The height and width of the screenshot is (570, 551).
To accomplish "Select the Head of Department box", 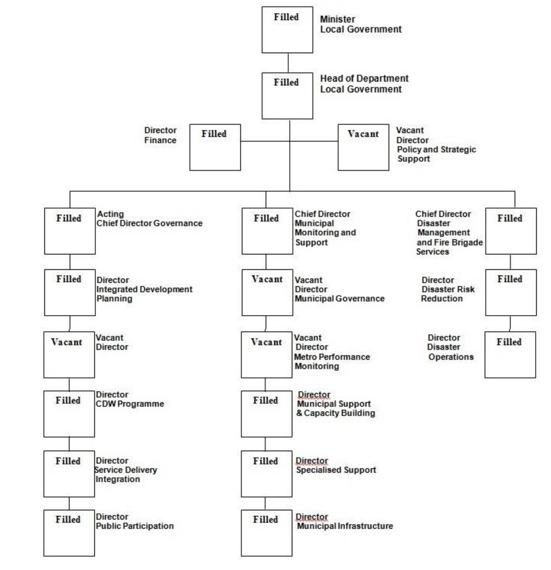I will tap(287, 96).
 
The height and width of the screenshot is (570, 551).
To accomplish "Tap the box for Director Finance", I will tap(215, 147).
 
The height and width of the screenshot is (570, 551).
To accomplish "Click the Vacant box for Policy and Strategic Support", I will tap(363, 147).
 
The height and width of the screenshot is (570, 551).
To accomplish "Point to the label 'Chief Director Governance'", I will tap(149, 223).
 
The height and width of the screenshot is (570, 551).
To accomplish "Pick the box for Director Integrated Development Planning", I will tap(70, 292).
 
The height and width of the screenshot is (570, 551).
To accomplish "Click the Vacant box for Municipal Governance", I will tap(267, 292).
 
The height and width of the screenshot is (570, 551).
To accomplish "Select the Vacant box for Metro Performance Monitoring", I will tap(266, 355).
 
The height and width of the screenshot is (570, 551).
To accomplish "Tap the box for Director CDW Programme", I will tap(69, 414).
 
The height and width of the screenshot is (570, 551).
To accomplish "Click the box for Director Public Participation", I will tap(69, 533).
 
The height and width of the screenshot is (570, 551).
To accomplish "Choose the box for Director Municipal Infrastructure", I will tap(266, 533).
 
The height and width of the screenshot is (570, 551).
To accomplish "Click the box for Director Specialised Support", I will tap(266, 473).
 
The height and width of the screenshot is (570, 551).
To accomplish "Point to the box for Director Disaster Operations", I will tap(510, 355).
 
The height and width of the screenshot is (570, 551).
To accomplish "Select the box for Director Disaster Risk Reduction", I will tap(511, 292).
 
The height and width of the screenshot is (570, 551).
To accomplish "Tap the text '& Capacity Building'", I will tap(335, 413).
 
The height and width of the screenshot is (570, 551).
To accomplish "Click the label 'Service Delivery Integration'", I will tap(126, 474).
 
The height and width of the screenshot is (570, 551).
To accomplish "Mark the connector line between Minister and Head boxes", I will tap(288, 63).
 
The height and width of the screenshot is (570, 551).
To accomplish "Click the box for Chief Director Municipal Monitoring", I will tap(267, 231).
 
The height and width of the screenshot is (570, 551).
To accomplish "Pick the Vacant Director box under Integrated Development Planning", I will tap(69, 355).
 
